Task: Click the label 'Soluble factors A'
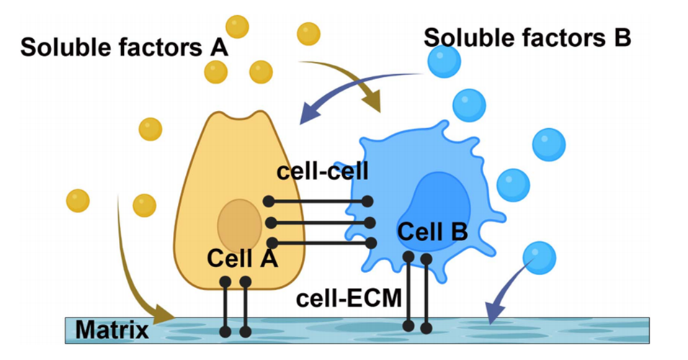[124, 48]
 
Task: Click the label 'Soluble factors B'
[527, 37]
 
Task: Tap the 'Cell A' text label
[242, 257]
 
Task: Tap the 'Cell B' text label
[432, 232]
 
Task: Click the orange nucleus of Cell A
[240, 222]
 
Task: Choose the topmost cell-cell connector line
[318, 201]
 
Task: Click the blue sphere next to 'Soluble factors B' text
[443, 61]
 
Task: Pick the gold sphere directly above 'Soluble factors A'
[237, 27]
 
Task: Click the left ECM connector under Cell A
[225, 306]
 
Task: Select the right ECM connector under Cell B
[426, 293]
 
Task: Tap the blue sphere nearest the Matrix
[539, 256]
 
